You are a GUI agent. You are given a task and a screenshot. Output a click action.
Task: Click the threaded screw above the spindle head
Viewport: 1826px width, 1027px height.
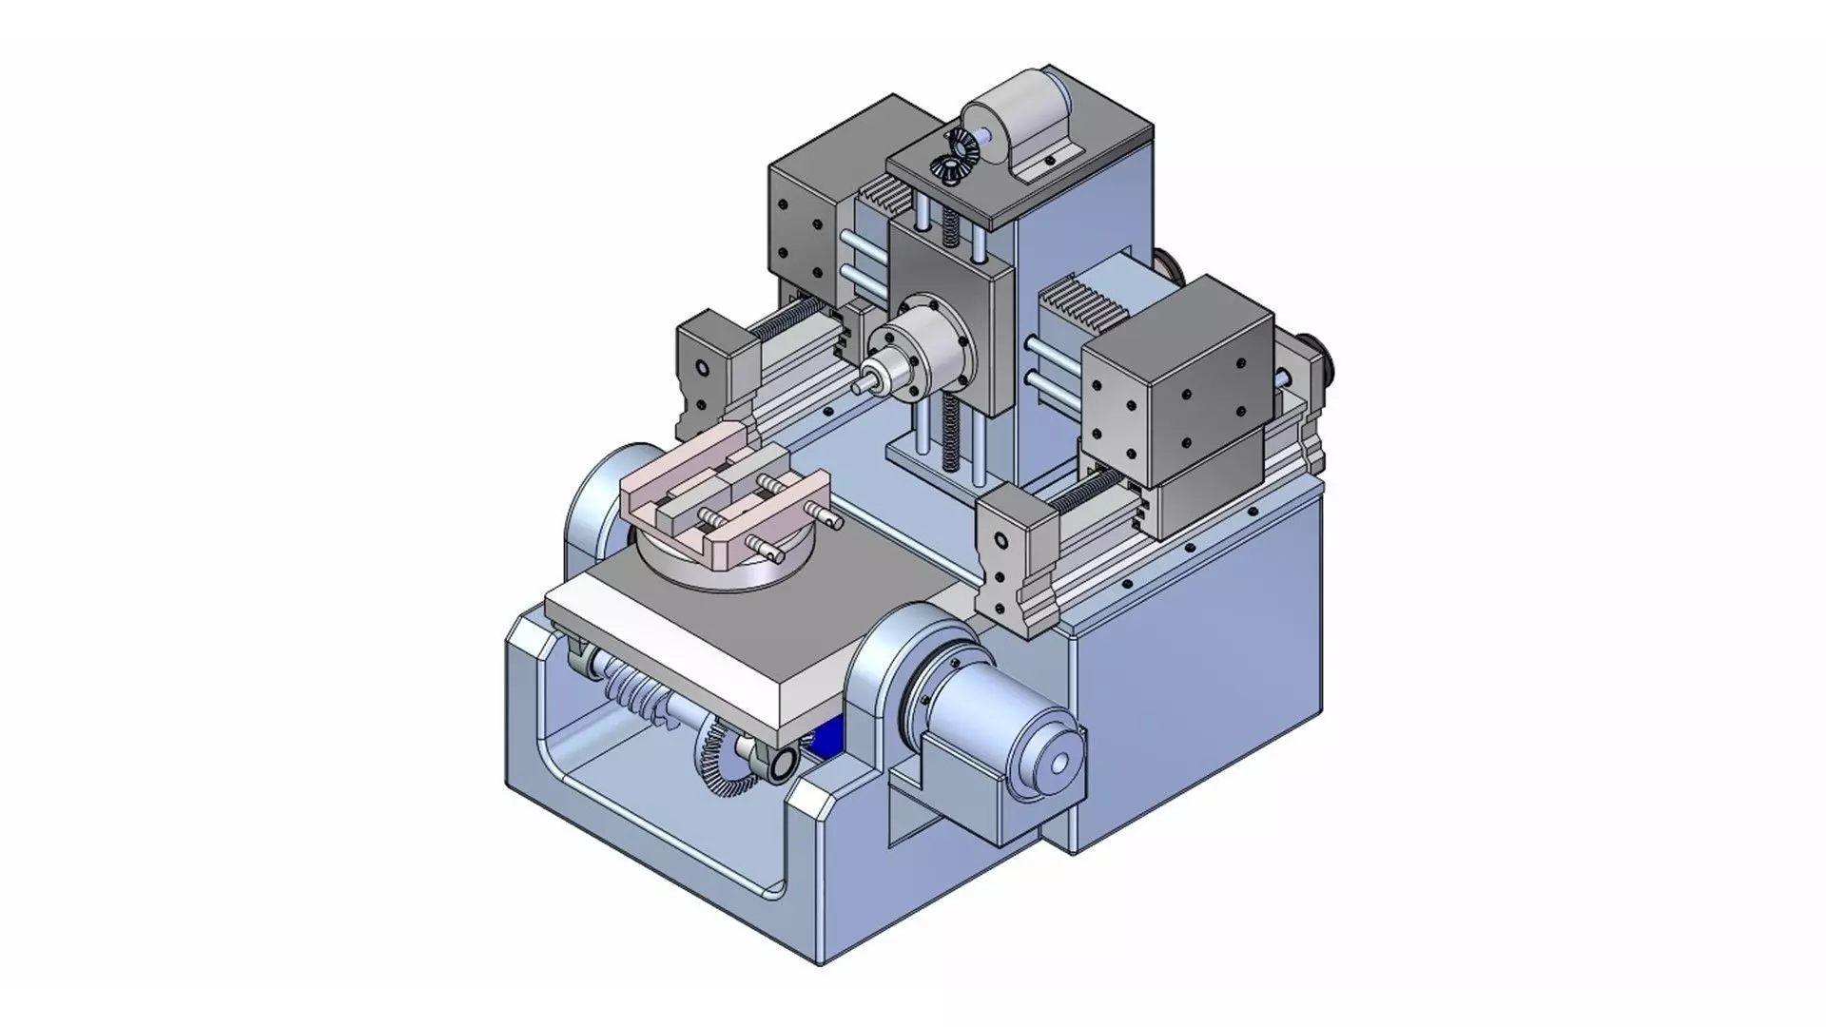947,227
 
